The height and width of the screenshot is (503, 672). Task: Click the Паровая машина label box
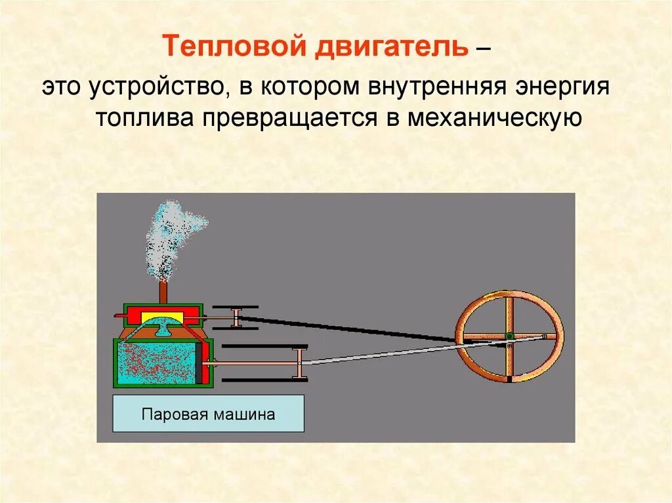point(208,413)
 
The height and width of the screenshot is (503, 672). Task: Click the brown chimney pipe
point(163,292)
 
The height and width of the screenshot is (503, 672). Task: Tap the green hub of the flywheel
point(509,336)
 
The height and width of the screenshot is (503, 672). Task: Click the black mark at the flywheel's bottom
point(509,378)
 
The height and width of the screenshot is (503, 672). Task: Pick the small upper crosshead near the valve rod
point(238,317)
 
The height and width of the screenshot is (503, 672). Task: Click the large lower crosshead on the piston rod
point(300,363)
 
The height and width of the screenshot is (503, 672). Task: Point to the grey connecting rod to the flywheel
point(394,352)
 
